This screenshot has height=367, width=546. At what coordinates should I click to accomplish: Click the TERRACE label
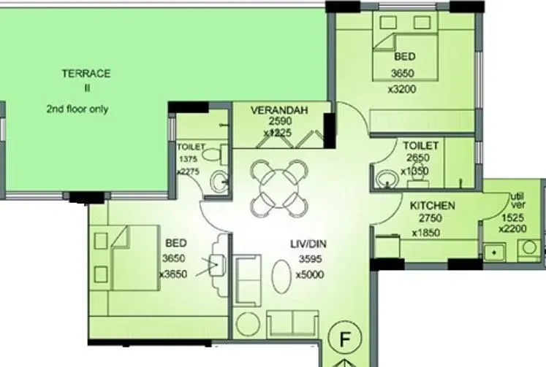coord(86,73)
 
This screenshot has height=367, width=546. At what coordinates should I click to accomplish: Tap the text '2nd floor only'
coord(77,109)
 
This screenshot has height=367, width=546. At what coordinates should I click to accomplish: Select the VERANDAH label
coord(279,110)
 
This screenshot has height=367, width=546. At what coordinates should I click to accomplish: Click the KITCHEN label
coord(432,206)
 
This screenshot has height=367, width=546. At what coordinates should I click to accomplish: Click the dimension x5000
coord(310,275)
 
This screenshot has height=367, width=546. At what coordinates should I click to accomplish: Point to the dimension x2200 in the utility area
coord(513,228)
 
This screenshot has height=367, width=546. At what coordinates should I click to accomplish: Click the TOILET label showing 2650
coord(420,146)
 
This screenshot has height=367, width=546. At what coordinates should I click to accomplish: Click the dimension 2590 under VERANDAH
coord(278,123)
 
